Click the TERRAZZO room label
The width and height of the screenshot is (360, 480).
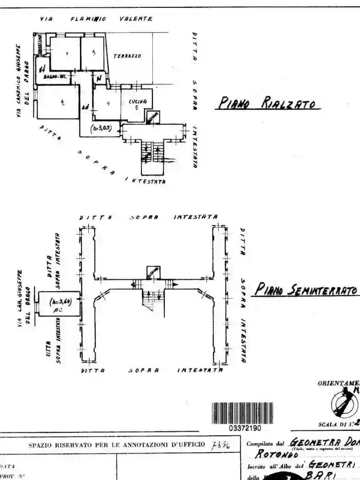click(x=127, y=56)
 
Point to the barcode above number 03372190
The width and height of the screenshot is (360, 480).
click(x=243, y=413)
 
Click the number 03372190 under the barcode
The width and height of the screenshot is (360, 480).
click(x=244, y=428)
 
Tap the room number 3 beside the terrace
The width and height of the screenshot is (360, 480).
click(x=93, y=53)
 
